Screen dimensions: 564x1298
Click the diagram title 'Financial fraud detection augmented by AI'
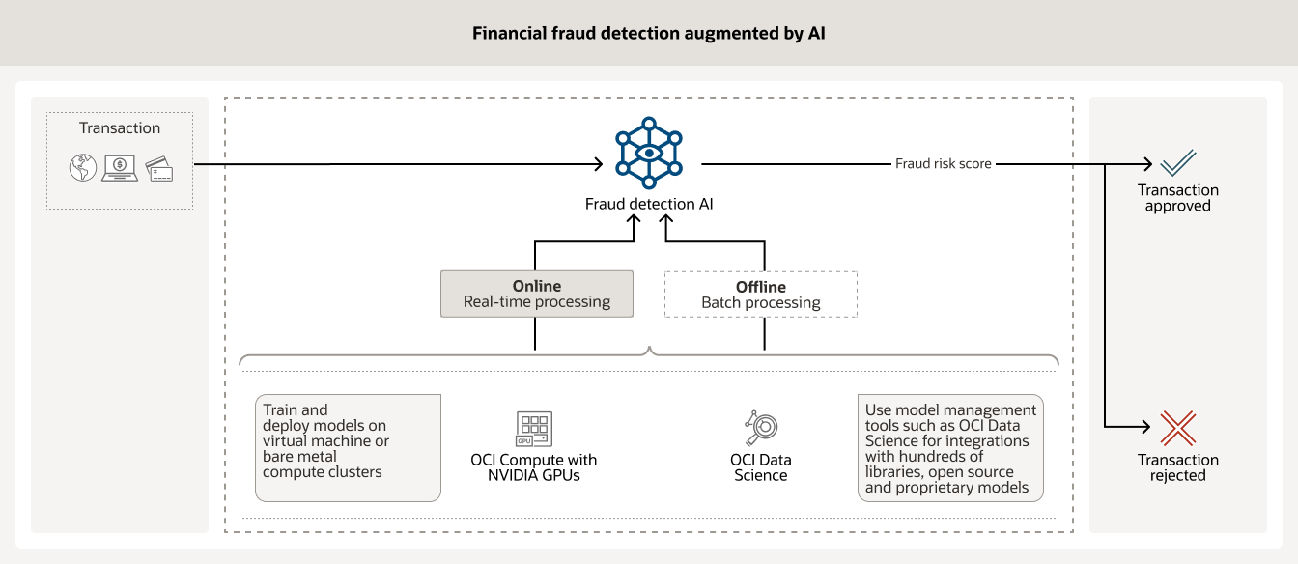[x=648, y=34]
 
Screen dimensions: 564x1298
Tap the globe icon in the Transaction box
[x=83, y=168]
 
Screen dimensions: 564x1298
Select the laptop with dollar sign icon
[x=120, y=168]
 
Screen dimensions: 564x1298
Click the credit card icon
[x=158, y=169]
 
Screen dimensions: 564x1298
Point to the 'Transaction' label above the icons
[x=120, y=128]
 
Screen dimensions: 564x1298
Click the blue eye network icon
[x=649, y=153]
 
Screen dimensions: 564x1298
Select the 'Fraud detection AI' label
[x=649, y=204]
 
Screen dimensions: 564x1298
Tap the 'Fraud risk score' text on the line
[x=943, y=164]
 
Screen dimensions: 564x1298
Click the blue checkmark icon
[x=1178, y=162]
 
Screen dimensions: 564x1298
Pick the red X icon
[x=1178, y=428]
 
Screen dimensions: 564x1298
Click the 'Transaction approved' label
[x=1178, y=198]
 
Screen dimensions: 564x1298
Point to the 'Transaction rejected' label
[x=1178, y=467]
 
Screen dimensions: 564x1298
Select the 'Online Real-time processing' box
[x=537, y=294]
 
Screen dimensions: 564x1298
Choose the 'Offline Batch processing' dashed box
[x=761, y=295]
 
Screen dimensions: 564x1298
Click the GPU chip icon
[x=534, y=428]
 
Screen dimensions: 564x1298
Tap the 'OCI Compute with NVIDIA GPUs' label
[x=534, y=467]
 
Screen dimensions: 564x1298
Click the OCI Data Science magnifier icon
[x=761, y=428]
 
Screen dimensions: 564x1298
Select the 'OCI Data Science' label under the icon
[x=761, y=467]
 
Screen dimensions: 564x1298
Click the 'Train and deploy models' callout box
[x=348, y=447]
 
